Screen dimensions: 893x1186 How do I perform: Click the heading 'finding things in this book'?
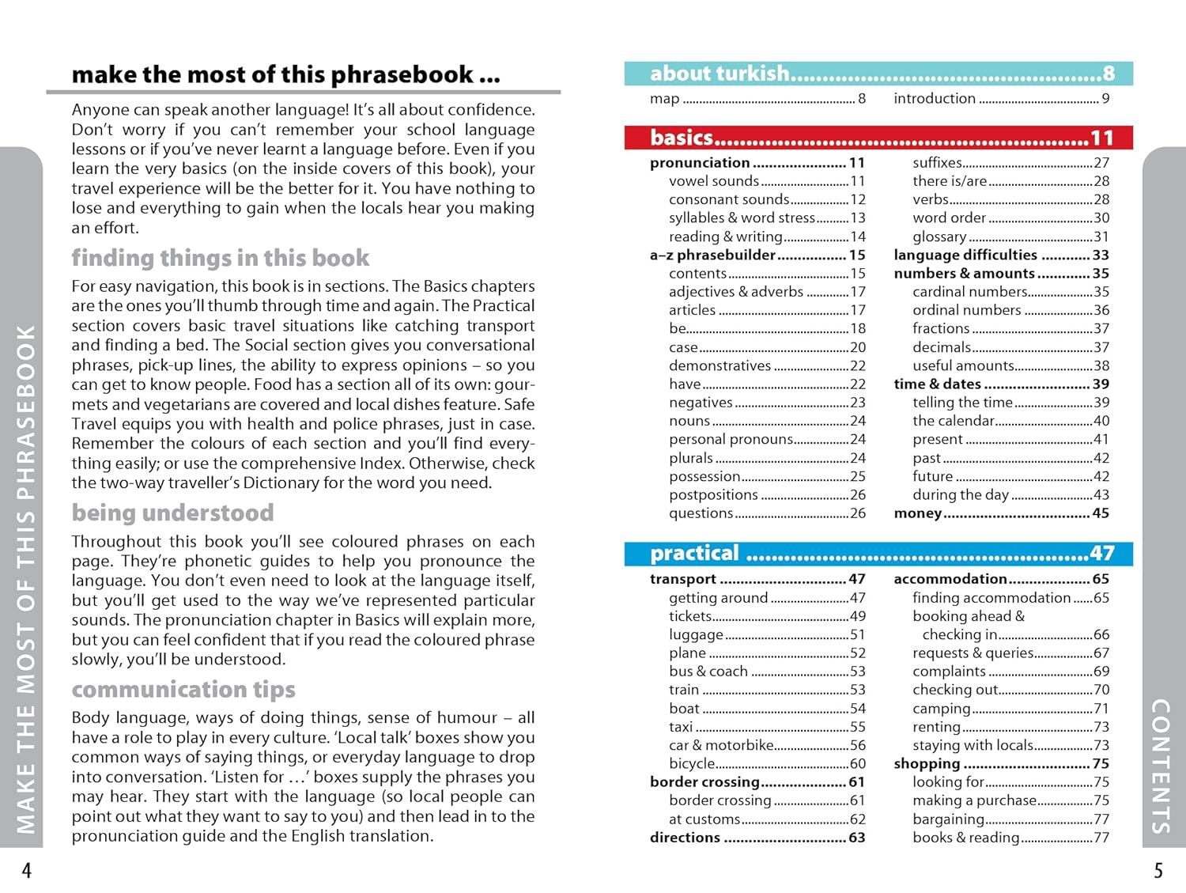click(x=220, y=258)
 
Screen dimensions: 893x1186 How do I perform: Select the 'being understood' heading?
click(x=172, y=513)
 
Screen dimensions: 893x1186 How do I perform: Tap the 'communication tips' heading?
click(x=183, y=689)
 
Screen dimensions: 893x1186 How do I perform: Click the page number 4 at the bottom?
click(x=27, y=871)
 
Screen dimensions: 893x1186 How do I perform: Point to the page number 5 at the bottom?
click(x=1158, y=871)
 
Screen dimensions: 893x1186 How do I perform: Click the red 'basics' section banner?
click(x=878, y=138)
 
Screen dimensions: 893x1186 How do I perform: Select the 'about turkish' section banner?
click(x=878, y=74)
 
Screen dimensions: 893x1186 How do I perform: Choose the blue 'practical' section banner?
click(x=878, y=553)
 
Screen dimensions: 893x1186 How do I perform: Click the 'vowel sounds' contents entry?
click(x=713, y=181)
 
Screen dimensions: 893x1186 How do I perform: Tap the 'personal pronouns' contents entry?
click(x=731, y=439)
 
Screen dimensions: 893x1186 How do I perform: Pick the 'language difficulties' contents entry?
click(x=965, y=255)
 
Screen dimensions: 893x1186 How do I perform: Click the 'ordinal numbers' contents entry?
click(x=966, y=310)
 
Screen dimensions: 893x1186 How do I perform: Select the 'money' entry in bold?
click(x=917, y=513)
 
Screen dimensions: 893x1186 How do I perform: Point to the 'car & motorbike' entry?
click(x=721, y=745)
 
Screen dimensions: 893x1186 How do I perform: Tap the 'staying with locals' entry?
click(x=973, y=745)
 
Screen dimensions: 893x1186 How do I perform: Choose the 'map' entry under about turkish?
click(x=665, y=99)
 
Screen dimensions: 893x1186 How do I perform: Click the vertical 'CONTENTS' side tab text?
click(x=1160, y=766)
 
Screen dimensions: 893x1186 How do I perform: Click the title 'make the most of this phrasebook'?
click(x=285, y=75)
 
